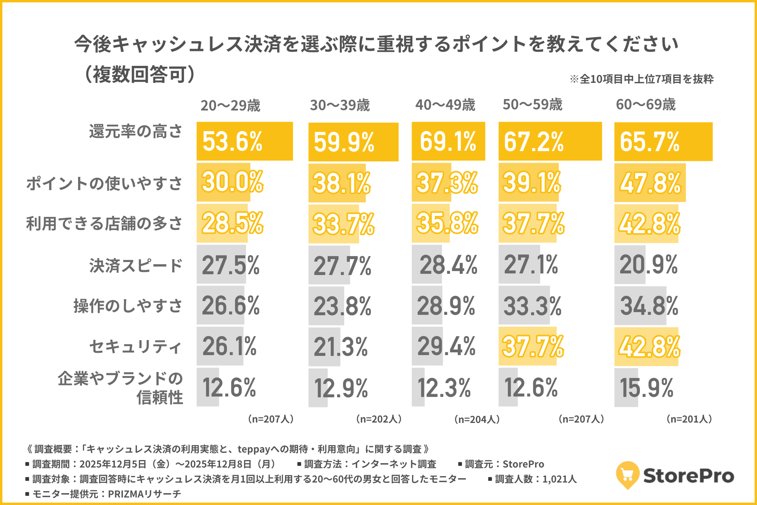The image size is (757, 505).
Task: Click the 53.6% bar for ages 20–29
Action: (x=244, y=141)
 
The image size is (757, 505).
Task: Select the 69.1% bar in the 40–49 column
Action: (x=448, y=141)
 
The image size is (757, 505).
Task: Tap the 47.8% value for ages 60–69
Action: (x=650, y=183)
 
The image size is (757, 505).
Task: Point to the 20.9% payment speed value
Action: (x=648, y=264)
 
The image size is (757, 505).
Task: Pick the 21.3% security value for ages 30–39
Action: (x=341, y=347)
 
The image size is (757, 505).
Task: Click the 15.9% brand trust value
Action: (x=647, y=388)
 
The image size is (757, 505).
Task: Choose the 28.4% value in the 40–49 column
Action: (x=448, y=264)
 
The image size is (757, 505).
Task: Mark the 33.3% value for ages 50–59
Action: (x=532, y=306)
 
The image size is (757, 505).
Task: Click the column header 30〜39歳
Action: (x=340, y=105)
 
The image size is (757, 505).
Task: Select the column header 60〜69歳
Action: (x=646, y=105)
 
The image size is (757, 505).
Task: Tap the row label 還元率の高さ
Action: (x=136, y=131)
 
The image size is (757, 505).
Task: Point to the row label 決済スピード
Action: (x=136, y=266)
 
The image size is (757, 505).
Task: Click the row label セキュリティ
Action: (x=136, y=347)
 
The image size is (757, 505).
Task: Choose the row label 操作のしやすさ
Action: (x=128, y=306)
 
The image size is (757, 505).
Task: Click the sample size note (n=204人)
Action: (x=477, y=419)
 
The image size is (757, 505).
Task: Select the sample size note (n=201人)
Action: (x=689, y=419)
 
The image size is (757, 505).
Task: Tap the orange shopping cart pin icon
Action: (x=627, y=475)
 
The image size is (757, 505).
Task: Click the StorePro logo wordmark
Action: (x=688, y=476)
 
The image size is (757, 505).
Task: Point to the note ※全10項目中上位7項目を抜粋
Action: (x=641, y=79)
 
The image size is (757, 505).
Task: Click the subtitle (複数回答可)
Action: (x=140, y=74)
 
